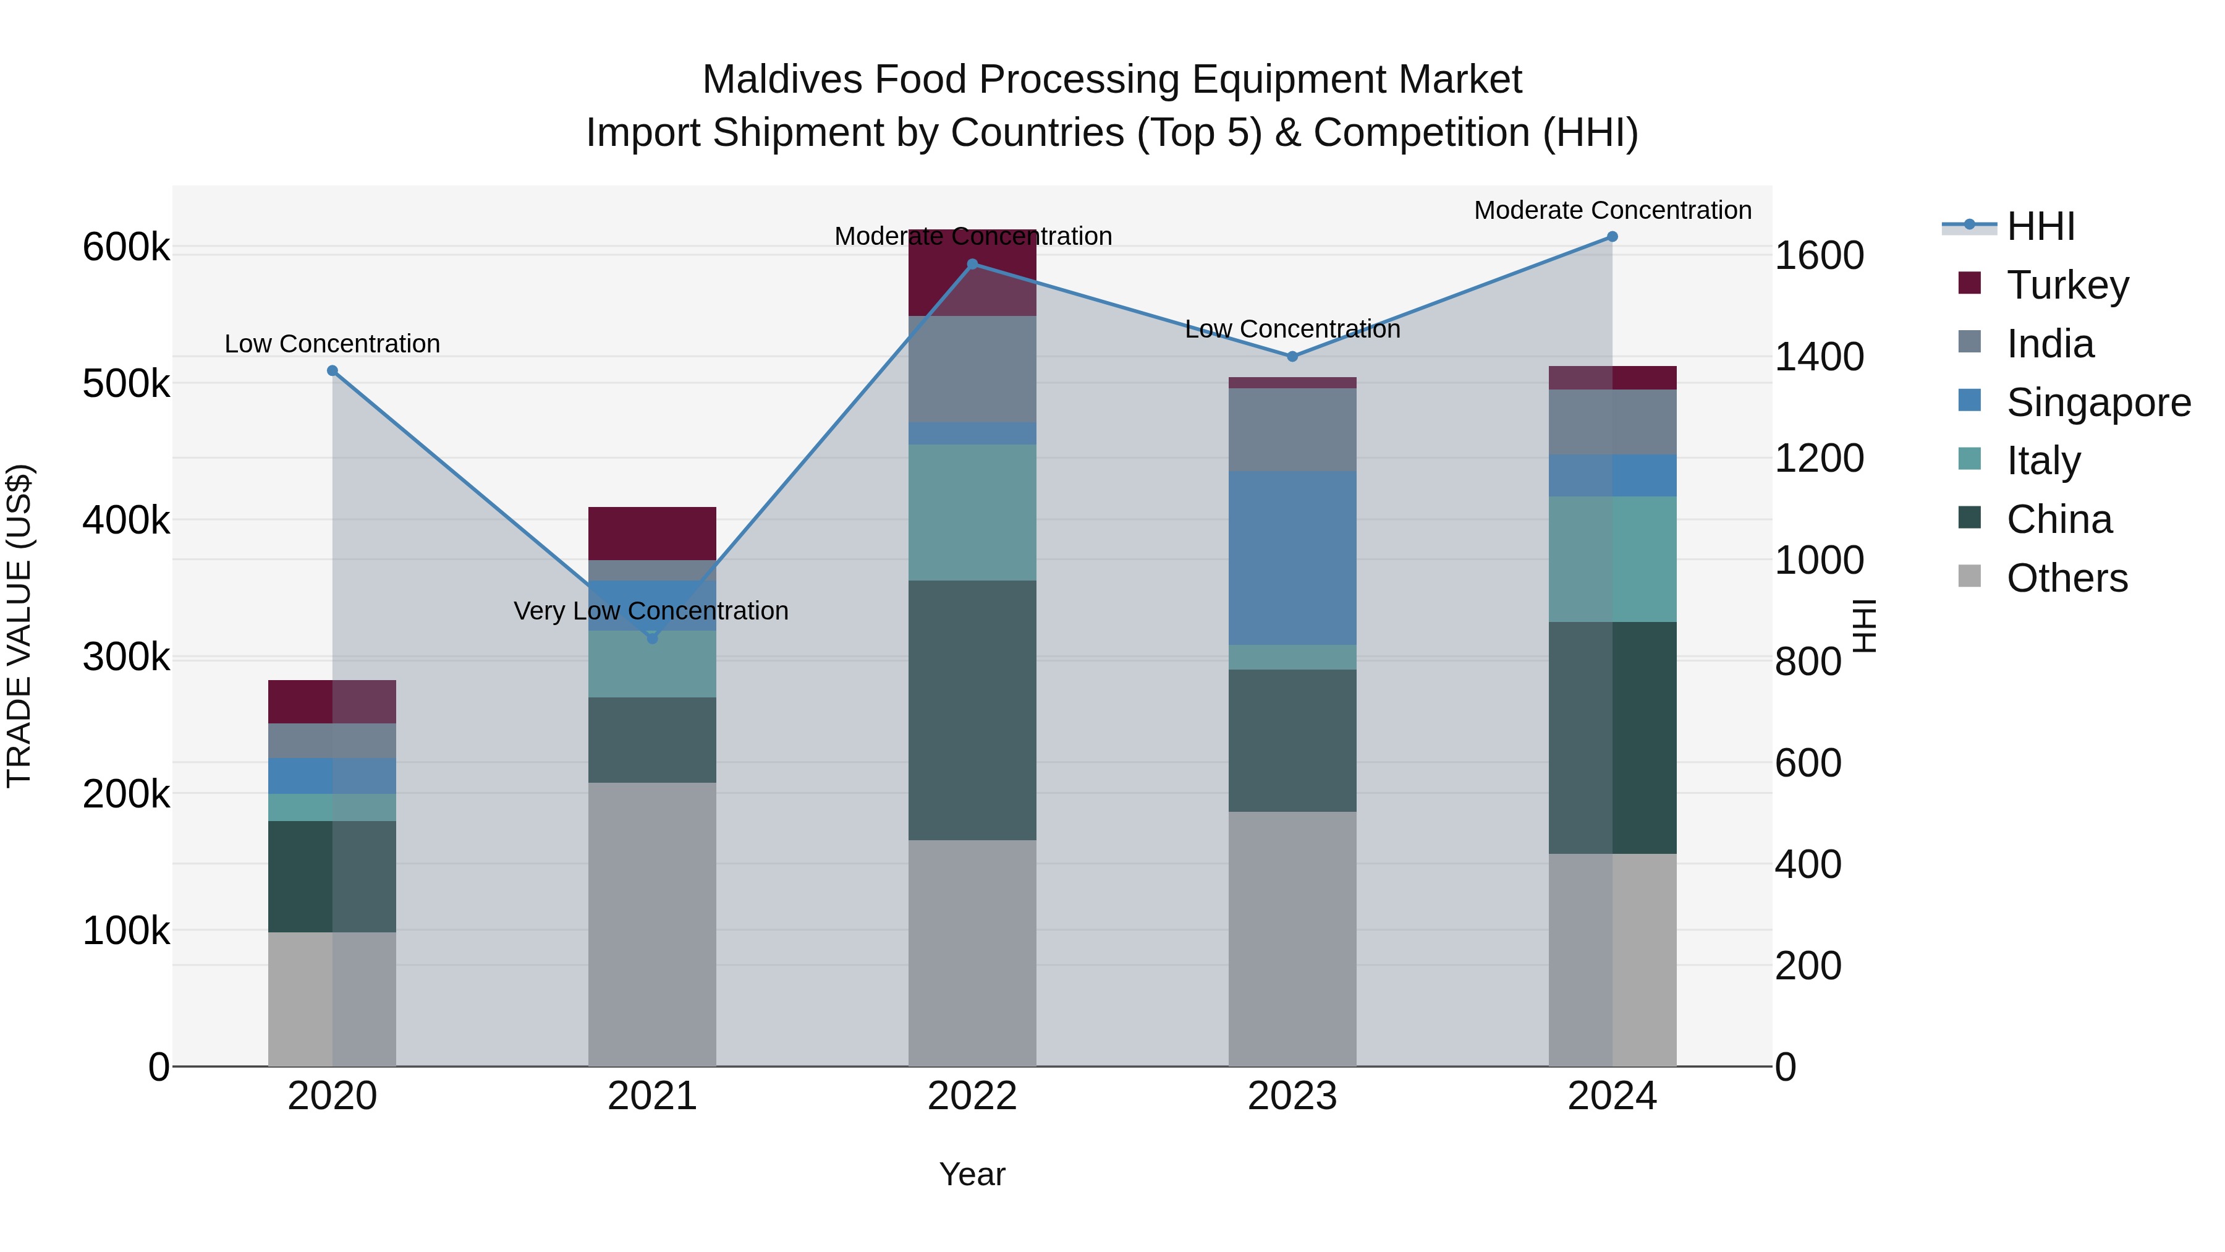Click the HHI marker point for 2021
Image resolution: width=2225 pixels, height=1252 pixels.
(652, 637)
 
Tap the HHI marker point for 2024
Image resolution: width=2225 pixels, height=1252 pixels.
(1612, 237)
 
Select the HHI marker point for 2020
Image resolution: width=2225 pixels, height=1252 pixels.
(333, 371)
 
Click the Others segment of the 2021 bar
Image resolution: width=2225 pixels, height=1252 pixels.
(652, 924)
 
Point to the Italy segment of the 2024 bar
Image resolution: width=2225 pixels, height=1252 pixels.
(1612, 558)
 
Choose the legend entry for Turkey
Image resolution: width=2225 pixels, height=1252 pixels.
(2067, 285)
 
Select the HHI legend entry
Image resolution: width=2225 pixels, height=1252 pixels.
(2040, 226)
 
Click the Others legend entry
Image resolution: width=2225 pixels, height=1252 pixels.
(2066, 578)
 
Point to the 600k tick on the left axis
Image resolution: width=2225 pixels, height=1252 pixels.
(126, 247)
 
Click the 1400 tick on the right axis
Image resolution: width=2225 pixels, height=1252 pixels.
(1819, 357)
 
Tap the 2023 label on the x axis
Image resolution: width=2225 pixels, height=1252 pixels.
(1292, 1096)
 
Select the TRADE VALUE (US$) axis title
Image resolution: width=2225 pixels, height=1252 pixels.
(19, 626)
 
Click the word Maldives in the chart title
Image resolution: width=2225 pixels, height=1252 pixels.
(782, 80)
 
